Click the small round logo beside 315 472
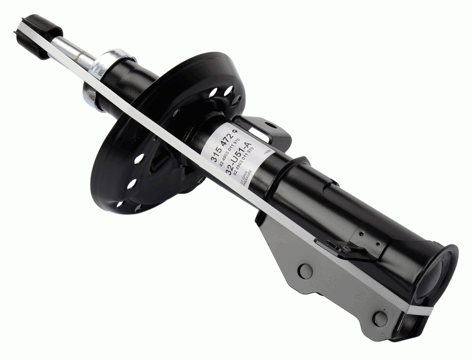pos(236,132)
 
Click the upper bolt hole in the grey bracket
pos(305,271)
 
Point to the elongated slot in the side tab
pos(261,134)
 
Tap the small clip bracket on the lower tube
pos(339,247)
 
